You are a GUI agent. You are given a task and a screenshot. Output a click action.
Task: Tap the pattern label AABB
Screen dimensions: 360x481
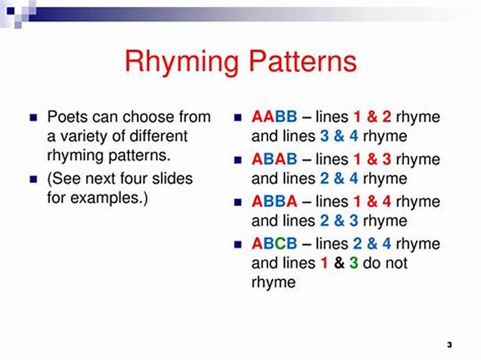(x=274, y=117)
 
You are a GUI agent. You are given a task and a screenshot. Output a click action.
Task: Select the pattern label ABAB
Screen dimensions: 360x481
(x=274, y=159)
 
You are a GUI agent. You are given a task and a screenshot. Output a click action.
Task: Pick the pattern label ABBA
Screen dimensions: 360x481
(x=274, y=201)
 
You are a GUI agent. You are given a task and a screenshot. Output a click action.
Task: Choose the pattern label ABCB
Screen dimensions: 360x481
(x=274, y=244)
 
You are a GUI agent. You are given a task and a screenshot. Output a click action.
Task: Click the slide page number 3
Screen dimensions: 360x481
(x=449, y=344)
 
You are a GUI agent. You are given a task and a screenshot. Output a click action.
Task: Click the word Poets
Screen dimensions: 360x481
(x=65, y=117)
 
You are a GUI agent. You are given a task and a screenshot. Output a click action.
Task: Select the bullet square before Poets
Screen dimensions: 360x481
(x=34, y=117)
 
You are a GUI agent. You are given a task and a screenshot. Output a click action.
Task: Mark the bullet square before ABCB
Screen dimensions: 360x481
(x=238, y=245)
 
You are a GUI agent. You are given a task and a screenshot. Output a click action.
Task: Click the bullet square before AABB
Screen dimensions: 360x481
(x=238, y=117)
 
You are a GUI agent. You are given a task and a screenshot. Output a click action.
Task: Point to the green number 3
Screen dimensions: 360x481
(x=354, y=263)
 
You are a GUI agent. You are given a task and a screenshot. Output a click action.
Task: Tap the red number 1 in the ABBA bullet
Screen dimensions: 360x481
(x=357, y=201)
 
